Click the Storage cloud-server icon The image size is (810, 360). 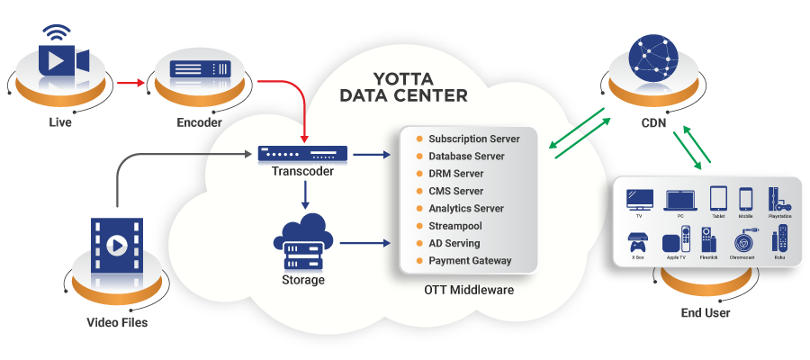pyautogui.click(x=301, y=240)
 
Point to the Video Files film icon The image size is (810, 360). pyautogui.click(x=115, y=245)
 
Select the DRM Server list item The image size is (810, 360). pyautogui.click(x=455, y=174)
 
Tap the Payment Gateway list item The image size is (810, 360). pyautogui.click(x=470, y=261)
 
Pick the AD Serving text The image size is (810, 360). pyautogui.click(x=454, y=244)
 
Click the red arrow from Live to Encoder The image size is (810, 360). pyautogui.click(x=130, y=83)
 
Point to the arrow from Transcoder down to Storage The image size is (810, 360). pyautogui.click(x=306, y=193)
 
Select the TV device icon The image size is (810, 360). pyautogui.click(x=639, y=199)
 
